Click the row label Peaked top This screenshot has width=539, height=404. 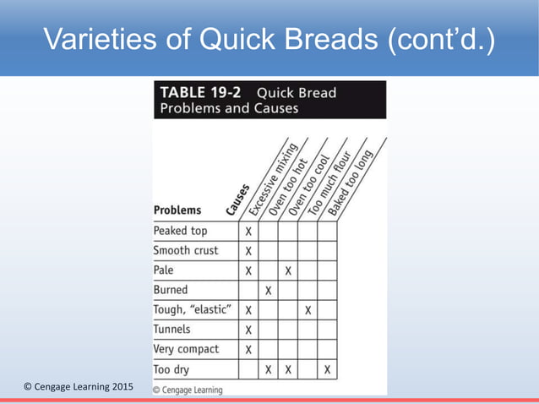tap(180, 231)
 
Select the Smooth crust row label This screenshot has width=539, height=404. tap(185, 250)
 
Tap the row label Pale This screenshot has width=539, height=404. tap(164, 270)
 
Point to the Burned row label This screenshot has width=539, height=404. tap(171, 290)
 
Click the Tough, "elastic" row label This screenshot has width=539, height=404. tap(191, 310)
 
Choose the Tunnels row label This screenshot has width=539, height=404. tap(171, 330)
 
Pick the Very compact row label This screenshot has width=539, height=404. tap(186, 349)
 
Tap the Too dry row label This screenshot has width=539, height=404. tap(171, 369)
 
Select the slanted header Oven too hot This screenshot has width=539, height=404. tap(291, 182)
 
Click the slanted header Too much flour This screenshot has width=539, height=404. tap(332, 180)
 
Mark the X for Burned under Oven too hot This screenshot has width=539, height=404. tap(268, 290)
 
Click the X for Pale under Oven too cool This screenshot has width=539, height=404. tap(288, 270)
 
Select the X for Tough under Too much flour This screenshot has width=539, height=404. tap(308, 310)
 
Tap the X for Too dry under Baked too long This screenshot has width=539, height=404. tap(327, 369)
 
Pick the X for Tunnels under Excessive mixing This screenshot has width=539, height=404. tap(248, 330)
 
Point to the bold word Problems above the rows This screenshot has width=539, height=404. tap(177, 210)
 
